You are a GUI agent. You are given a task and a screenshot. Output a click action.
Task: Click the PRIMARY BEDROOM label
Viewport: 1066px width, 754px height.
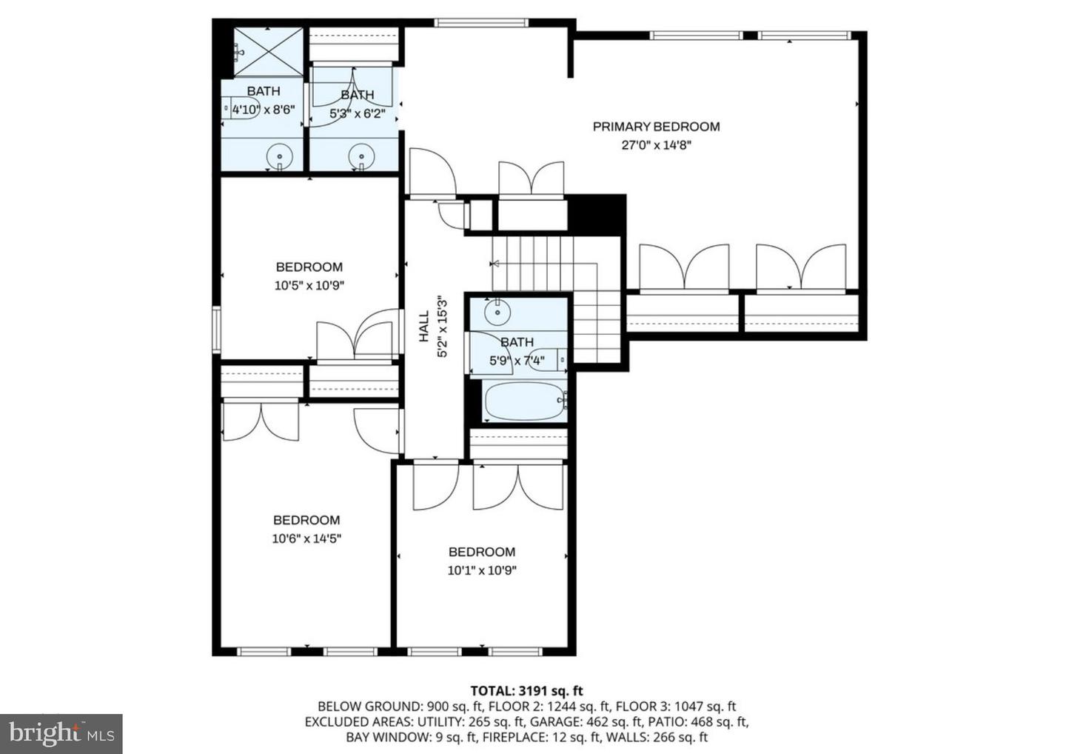pyautogui.click(x=656, y=127)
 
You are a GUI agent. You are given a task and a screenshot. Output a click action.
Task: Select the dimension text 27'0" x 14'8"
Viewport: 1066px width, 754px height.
pyautogui.click(x=656, y=145)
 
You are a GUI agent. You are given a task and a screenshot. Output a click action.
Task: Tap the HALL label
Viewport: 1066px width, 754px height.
pyautogui.click(x=424, y=326)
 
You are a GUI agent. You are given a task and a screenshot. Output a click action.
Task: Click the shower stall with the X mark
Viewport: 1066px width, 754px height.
pyautogui.click(x=268, y=51)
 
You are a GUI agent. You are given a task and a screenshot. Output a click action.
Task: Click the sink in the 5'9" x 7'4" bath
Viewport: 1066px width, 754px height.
pyautogui.click(x=497, y=311)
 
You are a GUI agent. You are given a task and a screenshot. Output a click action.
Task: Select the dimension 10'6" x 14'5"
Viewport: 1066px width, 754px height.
pyautogui.click(x=306, y=538)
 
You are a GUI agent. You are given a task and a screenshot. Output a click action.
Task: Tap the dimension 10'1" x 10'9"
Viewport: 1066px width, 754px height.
pyautogui.click(x=482, y=570)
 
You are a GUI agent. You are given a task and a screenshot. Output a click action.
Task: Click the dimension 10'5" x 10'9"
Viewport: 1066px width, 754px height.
pyautogui.click(x=309, y=285)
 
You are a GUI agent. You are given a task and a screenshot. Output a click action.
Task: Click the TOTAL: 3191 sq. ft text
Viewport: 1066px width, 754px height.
pyautogui.click(x=526, y=691)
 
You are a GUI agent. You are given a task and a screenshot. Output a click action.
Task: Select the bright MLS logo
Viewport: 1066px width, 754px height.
pyautogui.click(x=61, y=733)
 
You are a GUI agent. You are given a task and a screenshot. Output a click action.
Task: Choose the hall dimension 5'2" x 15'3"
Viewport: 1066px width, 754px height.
pyautogui.click(x=443, y=327)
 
